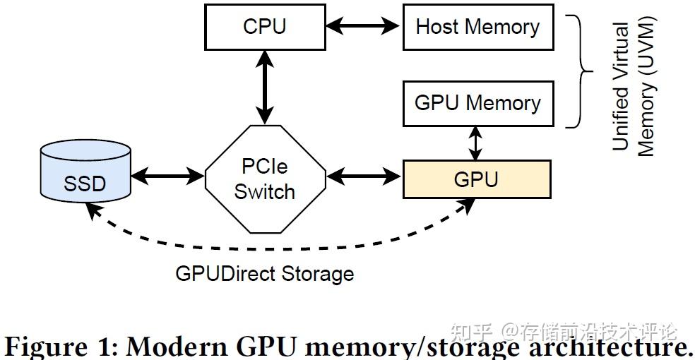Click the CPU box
[x=265, y=27]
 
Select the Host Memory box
[x=477, y=27]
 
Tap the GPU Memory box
[x=477, y=103]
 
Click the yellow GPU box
[x=476, y=179]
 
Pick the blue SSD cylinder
[x=85, y=176]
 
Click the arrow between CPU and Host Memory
[x=366, y=27]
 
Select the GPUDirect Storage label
[x=264, y=273]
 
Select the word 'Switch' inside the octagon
[x=265, y=191]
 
